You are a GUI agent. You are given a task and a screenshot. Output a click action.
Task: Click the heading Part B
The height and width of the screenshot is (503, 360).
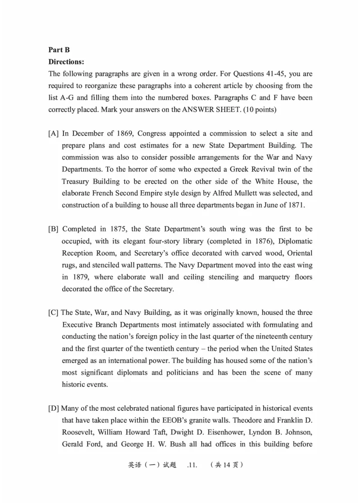click(x=59, y=50)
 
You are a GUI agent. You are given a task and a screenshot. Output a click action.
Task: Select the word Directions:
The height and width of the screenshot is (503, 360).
click(x=66, y=62)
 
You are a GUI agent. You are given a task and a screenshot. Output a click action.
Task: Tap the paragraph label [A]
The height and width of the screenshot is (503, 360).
click(x=54, y=134)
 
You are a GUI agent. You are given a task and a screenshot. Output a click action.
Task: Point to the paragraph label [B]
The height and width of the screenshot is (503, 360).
click(x=54, y=229)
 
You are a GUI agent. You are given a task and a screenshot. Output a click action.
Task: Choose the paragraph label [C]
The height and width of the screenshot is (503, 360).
click(x=54, y=313)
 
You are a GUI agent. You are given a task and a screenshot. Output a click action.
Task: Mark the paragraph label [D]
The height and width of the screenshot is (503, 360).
click(x=54, y=409)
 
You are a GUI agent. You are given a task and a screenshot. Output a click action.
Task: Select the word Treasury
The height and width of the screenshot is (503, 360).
click(x=76, y=181)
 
